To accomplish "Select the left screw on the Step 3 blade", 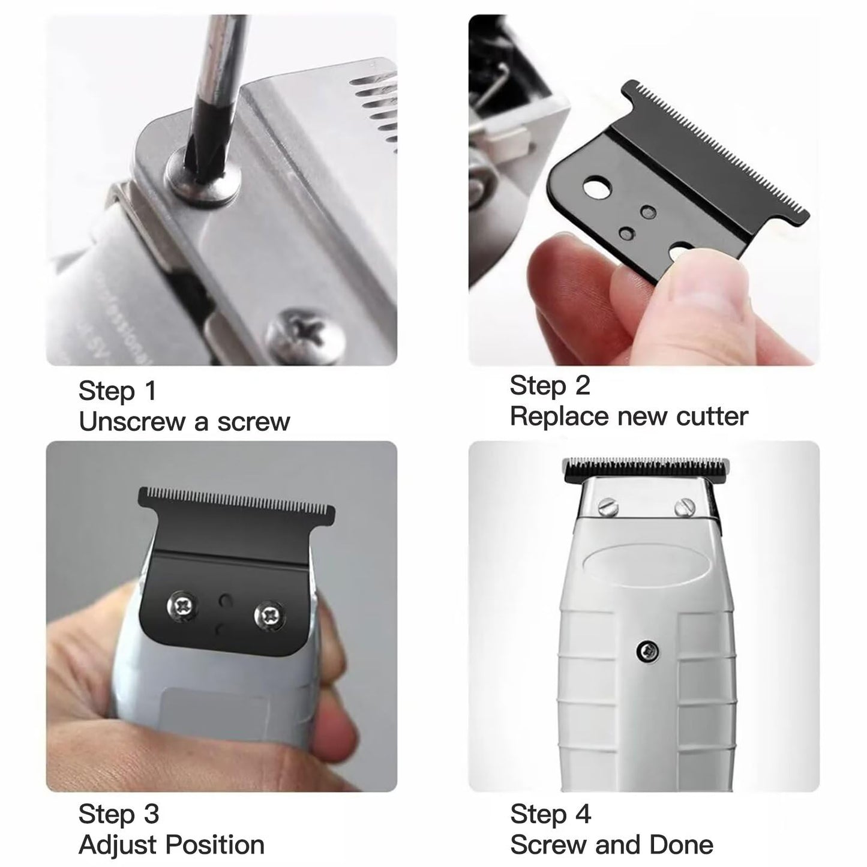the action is (x=182, y=607).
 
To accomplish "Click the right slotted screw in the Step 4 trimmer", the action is (x=685, y=508).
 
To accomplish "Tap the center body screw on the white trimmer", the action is (x=649, y=651).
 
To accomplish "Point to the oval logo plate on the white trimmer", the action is (x=646, y=568).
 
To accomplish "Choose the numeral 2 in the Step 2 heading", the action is (x=582, y=385).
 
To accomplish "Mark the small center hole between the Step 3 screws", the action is (x=226, y=600).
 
